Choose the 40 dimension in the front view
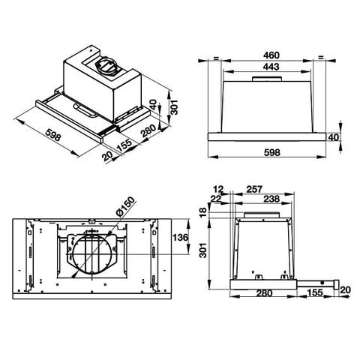pos(334,137)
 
